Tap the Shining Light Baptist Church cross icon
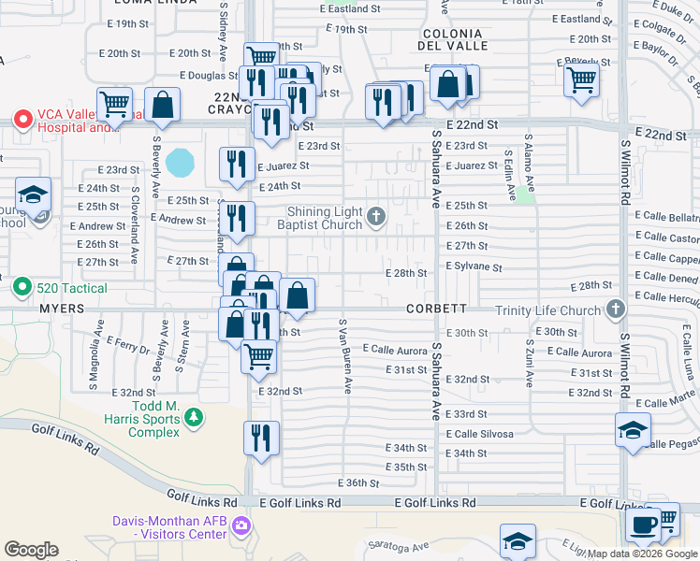376,218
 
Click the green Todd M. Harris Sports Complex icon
193,417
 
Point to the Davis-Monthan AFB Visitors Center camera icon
241,527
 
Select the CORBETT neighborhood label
436,309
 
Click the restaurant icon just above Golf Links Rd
261,438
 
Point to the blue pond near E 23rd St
180,163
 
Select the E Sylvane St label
474,267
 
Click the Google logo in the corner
31,550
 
